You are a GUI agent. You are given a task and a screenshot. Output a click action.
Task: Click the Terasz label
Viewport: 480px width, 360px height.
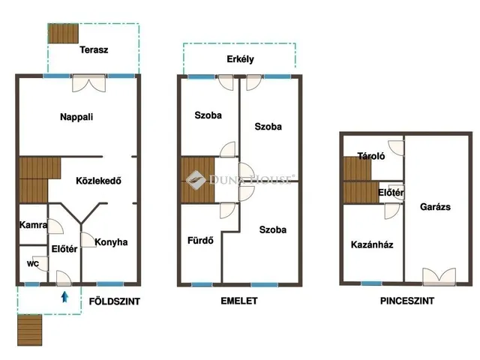tap(94, 50)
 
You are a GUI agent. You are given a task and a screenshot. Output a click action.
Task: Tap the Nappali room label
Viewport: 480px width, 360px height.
tap(76, 117)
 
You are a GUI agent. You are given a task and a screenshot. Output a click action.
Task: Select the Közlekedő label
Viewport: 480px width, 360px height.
tap(98, 181)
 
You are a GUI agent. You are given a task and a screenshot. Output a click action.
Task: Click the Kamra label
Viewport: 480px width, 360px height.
tap(33, 225)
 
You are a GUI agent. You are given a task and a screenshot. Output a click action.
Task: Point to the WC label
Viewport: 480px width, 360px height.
tap(33, 264)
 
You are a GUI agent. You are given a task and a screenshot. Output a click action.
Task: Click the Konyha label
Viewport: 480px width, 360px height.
tap(111, 242)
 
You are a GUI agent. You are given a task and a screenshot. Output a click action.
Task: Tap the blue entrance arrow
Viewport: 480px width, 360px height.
tap(64, 297)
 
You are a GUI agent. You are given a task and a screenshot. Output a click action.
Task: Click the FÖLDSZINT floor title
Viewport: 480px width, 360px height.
tap(115, 301)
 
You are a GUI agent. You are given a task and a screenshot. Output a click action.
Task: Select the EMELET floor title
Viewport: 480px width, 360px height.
tap(239, 301)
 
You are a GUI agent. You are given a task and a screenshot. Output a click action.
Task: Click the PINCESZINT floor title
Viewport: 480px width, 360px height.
tap(407, 301)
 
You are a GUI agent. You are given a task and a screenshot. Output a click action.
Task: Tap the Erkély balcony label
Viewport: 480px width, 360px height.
tap(240, 59)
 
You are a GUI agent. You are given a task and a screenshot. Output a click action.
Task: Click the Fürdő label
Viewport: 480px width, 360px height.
tap(200, 240)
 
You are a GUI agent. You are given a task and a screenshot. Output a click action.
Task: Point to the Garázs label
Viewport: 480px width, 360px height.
tap(435, 207)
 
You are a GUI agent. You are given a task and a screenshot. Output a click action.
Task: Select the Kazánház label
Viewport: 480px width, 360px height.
tap(372, 244)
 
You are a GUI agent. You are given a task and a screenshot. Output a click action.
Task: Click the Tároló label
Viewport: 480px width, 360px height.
tap(371, 156)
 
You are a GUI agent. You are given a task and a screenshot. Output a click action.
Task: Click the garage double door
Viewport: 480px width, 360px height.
tap(439, 277)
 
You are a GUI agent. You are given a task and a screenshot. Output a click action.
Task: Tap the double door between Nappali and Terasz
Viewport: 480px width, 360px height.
tap(88, 83)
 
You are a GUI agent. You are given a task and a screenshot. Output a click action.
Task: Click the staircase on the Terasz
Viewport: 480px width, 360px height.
tap(63, 33)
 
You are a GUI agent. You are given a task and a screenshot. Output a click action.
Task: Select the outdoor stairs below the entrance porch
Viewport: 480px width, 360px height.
tap(30, 330)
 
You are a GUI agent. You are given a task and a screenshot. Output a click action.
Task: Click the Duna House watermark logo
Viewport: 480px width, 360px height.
tap(196, 180)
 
